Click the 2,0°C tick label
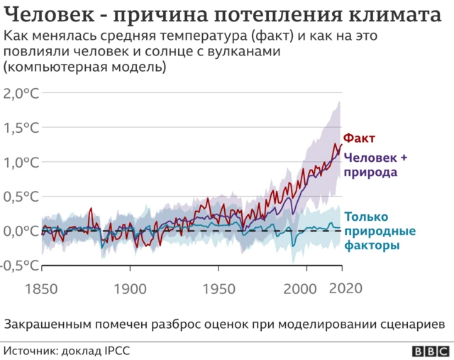click(x=21, y=93)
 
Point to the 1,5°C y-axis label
click(x=21, y=128)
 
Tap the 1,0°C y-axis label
click(x=21, y=162)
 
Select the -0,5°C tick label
click(x=19, y=266)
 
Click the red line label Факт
click(x=359, y=138)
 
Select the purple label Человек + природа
click(x=375, y=165)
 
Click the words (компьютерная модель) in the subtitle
click(x=85, y=68)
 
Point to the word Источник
click(x=31, y=351)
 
